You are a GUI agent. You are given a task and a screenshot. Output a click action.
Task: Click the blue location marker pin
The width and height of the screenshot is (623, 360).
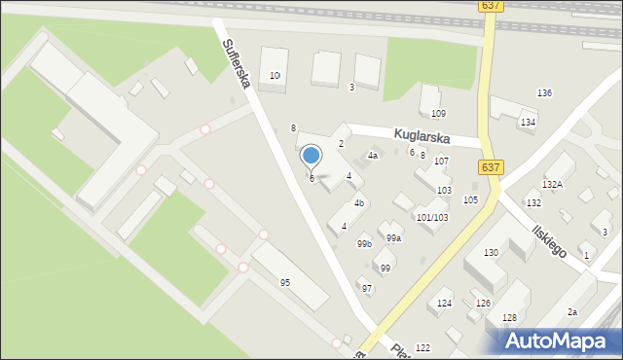311,156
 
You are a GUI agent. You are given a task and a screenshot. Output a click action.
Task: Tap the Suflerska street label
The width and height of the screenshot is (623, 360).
237,63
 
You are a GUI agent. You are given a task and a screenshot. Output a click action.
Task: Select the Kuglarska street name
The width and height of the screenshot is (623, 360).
421,138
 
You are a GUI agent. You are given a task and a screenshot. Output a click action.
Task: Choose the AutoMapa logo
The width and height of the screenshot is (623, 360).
561,340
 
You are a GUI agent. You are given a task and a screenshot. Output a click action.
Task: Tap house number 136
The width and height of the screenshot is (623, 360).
544,92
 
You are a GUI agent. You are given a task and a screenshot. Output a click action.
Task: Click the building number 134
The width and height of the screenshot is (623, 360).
528,122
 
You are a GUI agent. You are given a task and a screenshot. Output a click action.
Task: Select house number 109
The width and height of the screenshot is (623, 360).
438,114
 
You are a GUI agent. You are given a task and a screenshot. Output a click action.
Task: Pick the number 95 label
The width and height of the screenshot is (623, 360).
285,282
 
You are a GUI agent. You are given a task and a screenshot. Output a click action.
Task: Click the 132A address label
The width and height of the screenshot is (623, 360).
553,184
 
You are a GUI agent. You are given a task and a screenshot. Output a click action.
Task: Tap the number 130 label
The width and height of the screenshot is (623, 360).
491,252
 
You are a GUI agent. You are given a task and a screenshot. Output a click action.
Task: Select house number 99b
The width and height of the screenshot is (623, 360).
364,243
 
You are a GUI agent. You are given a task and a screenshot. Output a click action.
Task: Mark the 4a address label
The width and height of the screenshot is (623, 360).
372,156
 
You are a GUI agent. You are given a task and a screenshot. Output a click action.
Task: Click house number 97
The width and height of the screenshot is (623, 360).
366,288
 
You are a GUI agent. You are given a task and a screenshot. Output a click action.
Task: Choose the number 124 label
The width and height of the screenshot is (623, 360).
444,304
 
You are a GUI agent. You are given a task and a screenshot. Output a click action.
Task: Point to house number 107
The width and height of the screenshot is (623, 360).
441,161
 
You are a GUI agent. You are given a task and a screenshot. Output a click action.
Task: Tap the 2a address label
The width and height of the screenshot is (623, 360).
573,311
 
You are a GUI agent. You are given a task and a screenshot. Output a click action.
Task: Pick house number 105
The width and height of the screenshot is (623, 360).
470,199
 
